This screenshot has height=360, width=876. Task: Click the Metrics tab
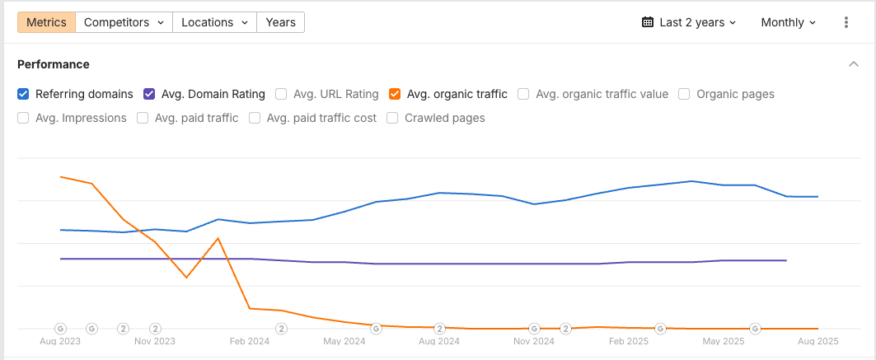[46, 22]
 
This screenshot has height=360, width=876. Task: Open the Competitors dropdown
[124, 22]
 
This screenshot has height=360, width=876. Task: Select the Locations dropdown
[214, 22]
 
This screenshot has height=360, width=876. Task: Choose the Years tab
[280, 22]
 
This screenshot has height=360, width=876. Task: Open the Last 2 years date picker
[689, 22]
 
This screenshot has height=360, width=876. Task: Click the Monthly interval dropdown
[789, 22]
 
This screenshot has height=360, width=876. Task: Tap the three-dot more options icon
[846, 22]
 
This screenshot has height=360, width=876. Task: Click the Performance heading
[54, 64]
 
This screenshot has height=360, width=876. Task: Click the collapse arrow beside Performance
[853, 64]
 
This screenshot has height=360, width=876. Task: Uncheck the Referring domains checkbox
[24, 94]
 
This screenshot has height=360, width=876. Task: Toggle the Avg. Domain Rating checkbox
[150, 94]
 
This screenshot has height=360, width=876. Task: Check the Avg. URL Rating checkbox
[282, 94]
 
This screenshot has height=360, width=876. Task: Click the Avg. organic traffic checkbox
[395, 94]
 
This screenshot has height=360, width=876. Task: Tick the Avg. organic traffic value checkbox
[524, 94]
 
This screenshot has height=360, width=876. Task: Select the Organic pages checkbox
[685, 94]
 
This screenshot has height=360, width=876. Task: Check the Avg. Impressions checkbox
[24, 118]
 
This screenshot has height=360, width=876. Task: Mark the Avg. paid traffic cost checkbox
[255, 118]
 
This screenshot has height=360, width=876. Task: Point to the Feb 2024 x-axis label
[249, 341]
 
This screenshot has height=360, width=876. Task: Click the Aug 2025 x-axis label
[818, 341]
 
